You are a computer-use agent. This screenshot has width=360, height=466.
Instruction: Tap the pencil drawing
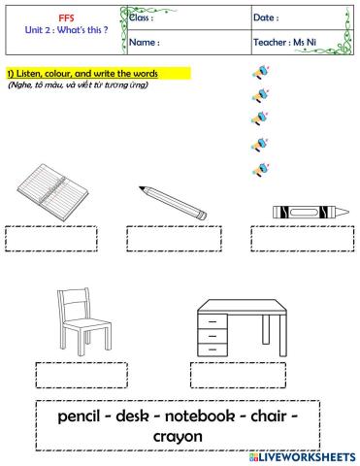tap(172, 202)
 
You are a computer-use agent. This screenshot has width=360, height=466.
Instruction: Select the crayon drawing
tap(303, 210)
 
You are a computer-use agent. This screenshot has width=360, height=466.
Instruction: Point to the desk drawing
tap(242, 327)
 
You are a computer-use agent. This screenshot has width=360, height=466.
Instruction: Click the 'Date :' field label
tap(266, 17)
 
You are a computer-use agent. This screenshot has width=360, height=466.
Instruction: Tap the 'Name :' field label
tap(145, 43)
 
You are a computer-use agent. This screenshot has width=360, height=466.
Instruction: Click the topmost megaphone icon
tap(259, 73)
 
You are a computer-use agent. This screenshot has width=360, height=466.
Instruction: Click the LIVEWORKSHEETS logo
tap(302, 456)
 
